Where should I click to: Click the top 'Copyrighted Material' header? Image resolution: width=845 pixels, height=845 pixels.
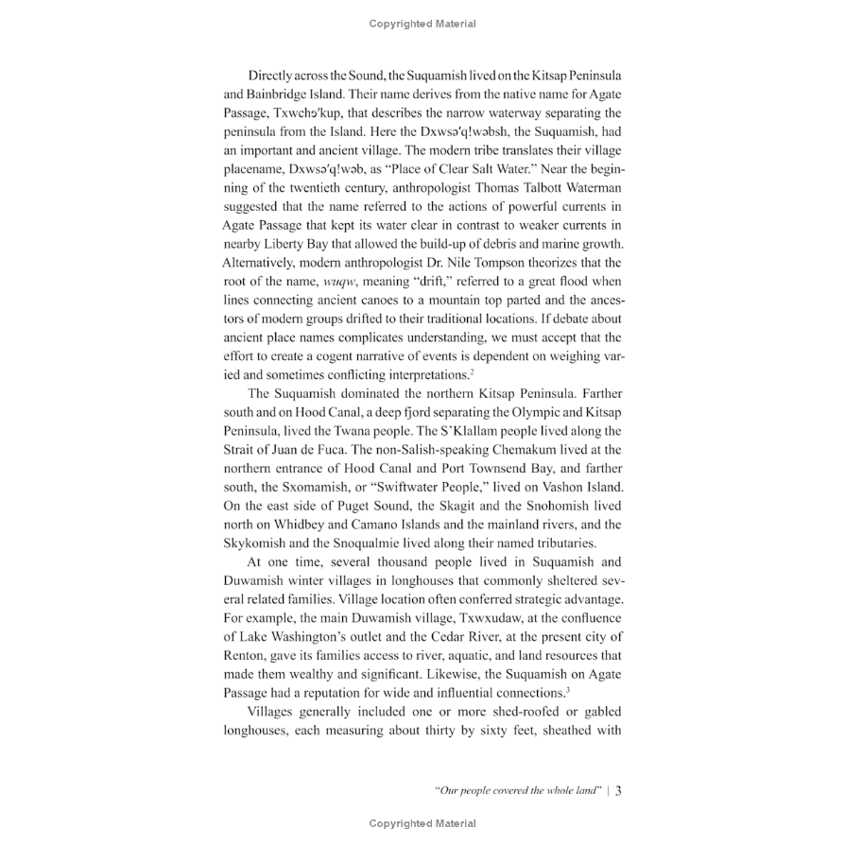(x=422, y=24)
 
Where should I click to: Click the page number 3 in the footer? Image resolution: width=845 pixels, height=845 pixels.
(x=617, y=792)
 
